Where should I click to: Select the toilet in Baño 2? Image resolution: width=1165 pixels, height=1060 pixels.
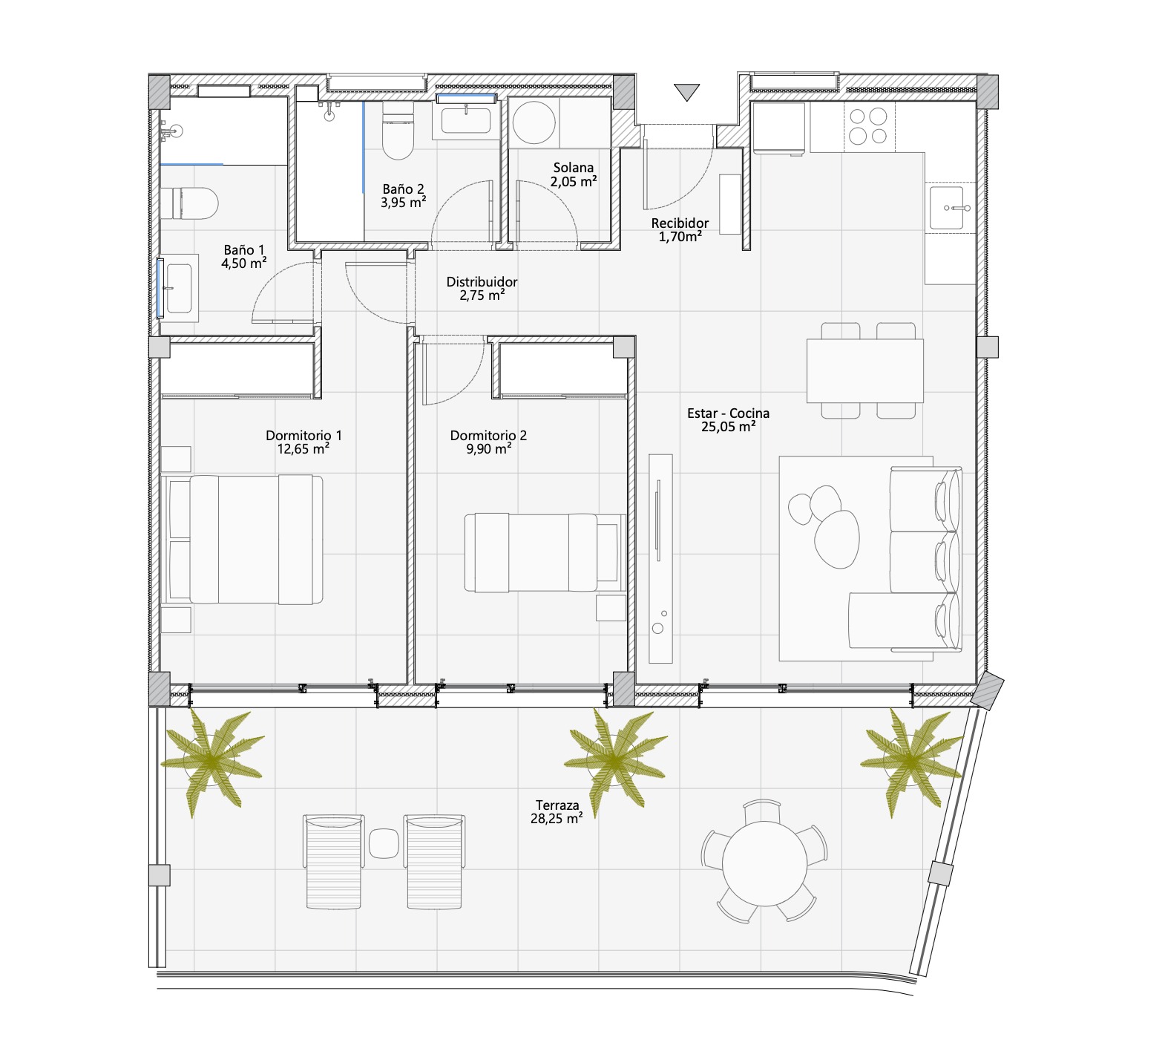[398, 131]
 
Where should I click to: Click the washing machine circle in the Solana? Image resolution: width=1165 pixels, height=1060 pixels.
[534, 122]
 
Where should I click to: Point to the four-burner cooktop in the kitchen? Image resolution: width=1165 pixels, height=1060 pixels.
[869, 126]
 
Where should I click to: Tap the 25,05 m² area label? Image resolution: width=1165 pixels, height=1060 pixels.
[729, 427]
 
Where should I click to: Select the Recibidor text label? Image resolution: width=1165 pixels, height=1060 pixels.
[680, 223]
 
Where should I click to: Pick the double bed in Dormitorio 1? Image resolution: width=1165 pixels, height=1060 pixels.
[246, 539]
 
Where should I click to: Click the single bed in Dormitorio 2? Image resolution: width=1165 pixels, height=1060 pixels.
[545, 552]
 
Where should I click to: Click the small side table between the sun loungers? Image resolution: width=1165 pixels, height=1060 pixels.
[384, 843]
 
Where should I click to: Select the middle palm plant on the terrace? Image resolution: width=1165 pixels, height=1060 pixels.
[614, 760]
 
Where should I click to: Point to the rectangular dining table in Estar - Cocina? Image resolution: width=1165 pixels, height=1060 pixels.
[865, 370]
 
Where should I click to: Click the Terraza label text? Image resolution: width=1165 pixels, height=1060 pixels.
[557, 805]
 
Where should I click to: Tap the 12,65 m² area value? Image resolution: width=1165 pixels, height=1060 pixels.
[303, 449]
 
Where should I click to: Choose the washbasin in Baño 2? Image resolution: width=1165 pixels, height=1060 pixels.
[466, 120]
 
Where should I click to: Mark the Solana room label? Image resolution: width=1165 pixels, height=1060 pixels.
[574, 168]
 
